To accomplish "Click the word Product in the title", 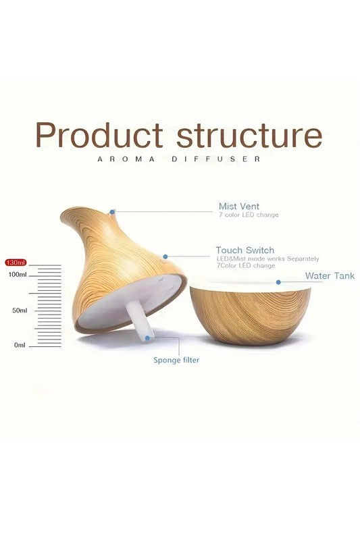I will click(x=99, y=135).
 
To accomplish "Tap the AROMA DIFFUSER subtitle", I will click(x=179, y=160).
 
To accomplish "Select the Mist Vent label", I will click(x=238, y=206).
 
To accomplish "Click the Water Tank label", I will click(x=330, y=276).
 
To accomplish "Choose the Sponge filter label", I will click(x=176, y=360).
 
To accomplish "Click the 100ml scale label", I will click(x=17, y=275).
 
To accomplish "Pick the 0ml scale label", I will click(x=20, y=345).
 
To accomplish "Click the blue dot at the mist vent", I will click(x=113, y=211).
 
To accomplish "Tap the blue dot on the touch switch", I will click(x=165, y=256).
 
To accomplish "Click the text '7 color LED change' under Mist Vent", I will click(x=248, y=215).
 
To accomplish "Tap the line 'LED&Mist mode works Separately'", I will click(x=267, y=259).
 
